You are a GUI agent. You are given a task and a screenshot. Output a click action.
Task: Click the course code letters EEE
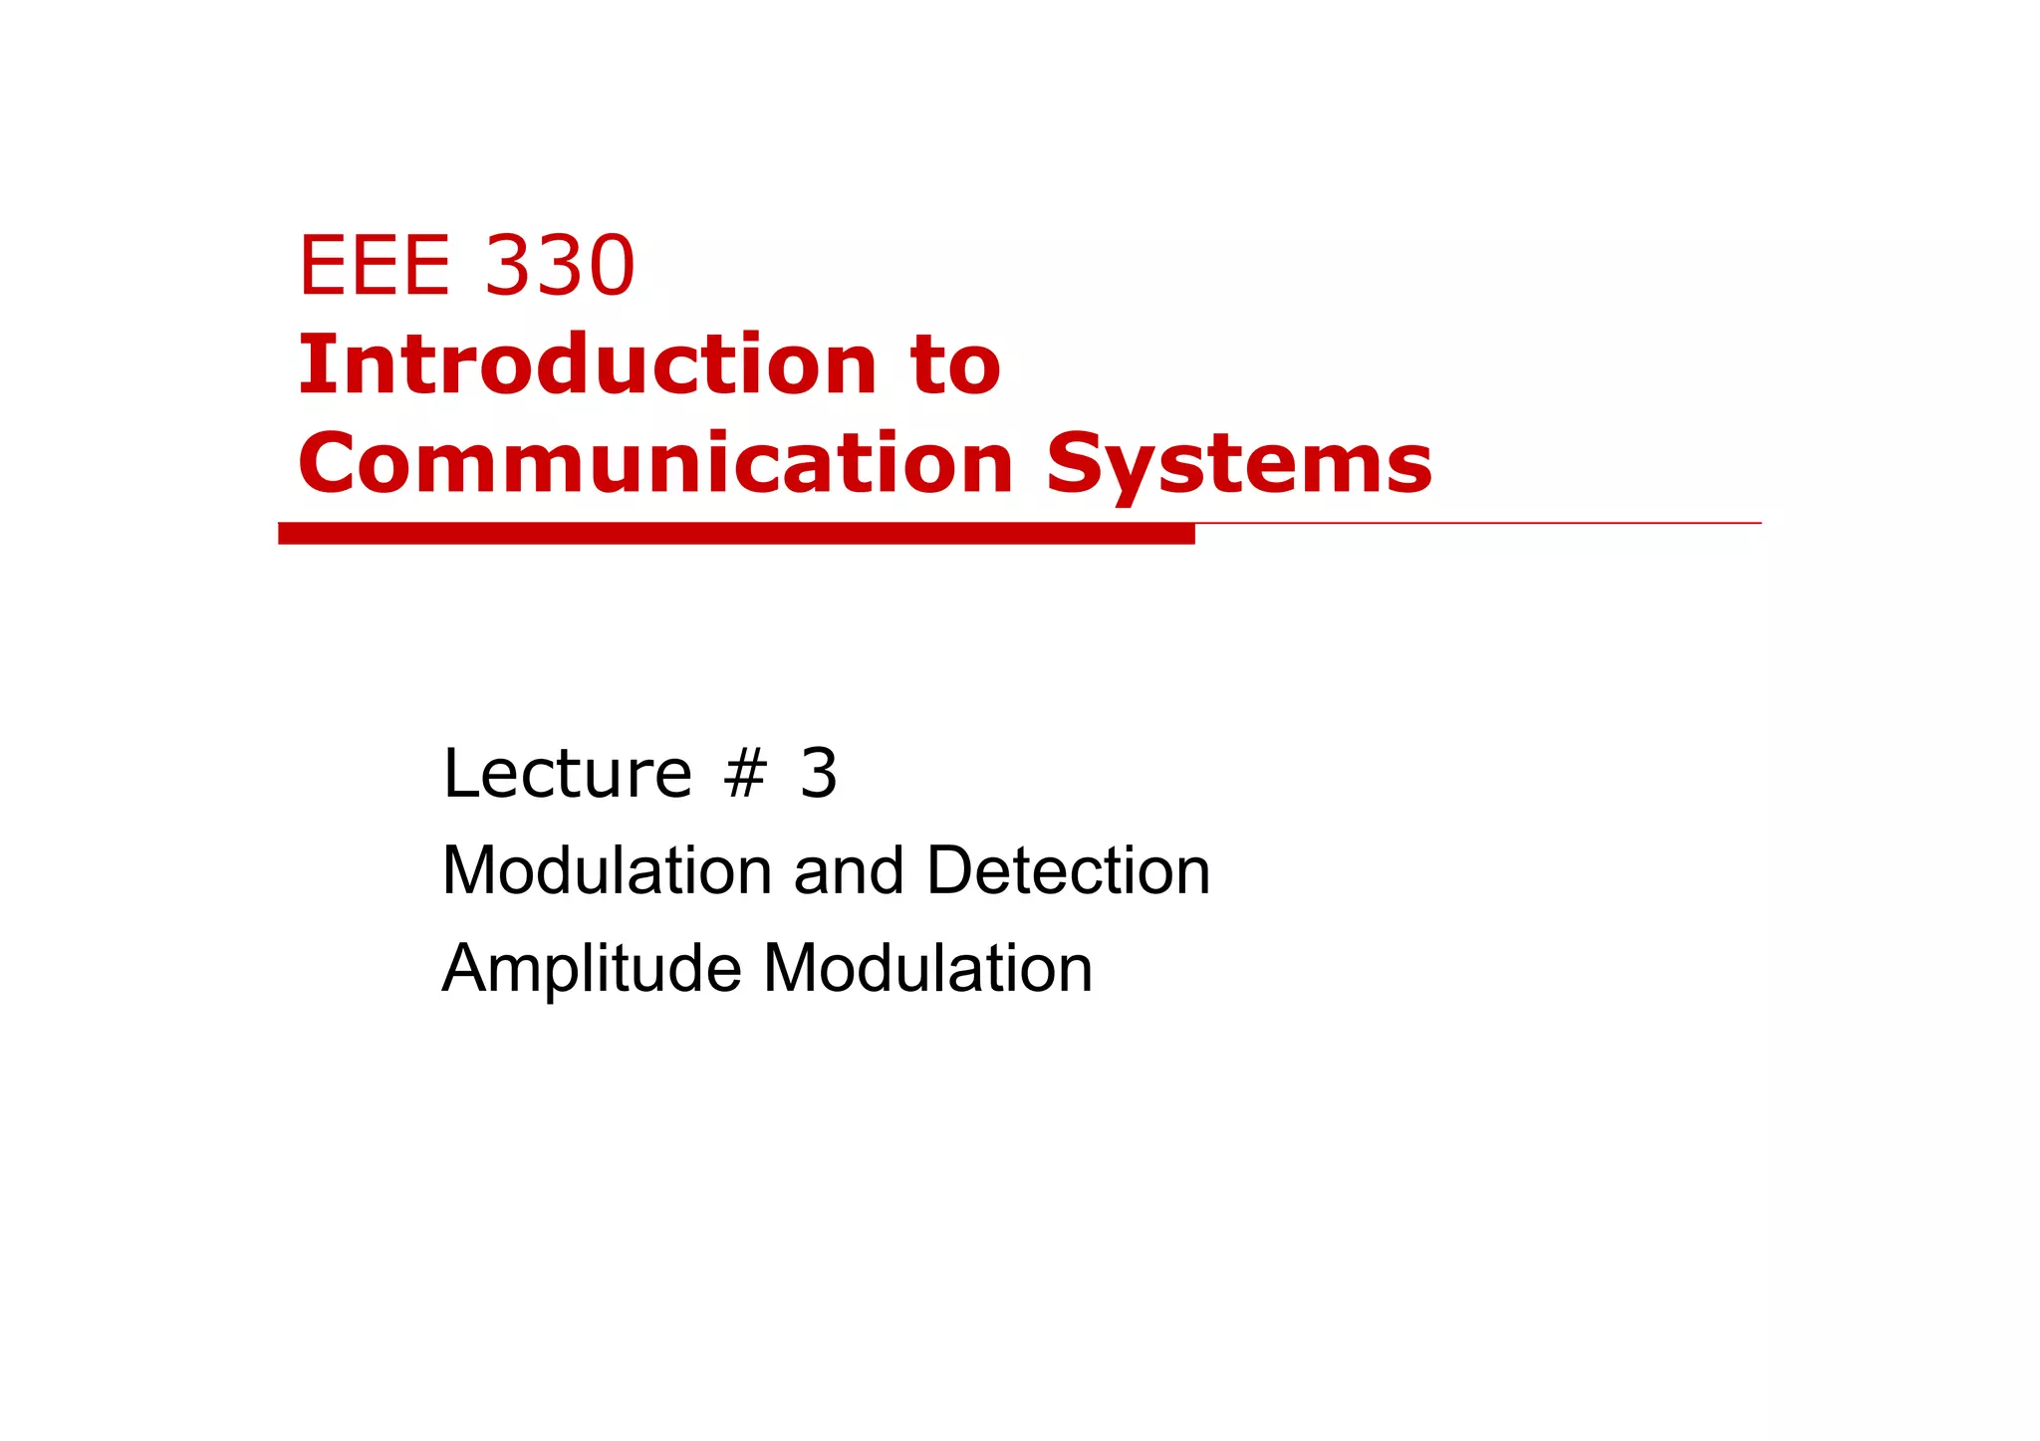pyautogui.click(x=375, y=266)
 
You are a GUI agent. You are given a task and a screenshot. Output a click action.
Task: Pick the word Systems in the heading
pyautogui.click(x=1239, y=465)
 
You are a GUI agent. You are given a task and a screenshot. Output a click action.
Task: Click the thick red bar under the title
pyautogui.click(x=736, y=534)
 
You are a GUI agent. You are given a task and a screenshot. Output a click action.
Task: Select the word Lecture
pyautogui.click(x=567, y=773)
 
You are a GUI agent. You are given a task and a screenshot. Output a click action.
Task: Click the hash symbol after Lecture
pyautogui.click(x=745, y=774)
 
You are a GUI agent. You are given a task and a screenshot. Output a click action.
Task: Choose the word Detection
pyautogui.click(x=1068, y=870)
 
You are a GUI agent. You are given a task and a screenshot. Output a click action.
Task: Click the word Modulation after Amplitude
pyautogui.click(x=927, y=968)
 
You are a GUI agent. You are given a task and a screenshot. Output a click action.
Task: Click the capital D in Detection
pyautogui.click(x=951, y=870)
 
